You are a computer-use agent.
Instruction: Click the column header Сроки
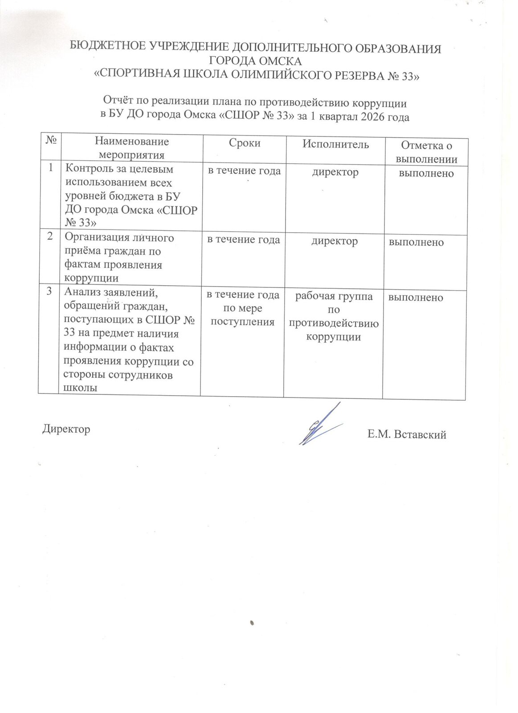(x=245, y=143)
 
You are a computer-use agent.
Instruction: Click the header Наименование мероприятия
(x=131, y=148)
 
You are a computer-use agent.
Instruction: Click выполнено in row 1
(x=426, y=173)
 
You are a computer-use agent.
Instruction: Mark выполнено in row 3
(x=416, y=297)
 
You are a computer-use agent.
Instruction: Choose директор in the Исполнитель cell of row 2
(x=334, y=241)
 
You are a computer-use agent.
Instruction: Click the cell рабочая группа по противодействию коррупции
(x=334, y=316)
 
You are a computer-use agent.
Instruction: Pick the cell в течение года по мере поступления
(x=243, y=308)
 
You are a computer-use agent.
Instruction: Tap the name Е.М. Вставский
(x=406, y=434)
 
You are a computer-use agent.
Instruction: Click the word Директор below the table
(x=66, y=429)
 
